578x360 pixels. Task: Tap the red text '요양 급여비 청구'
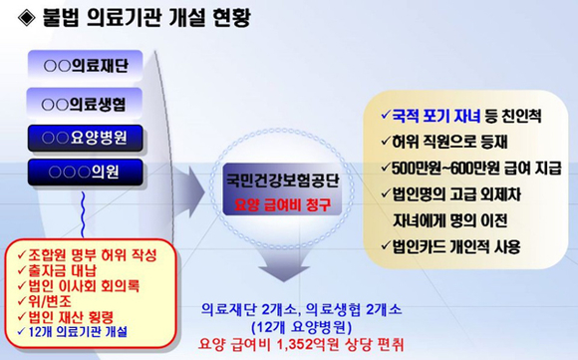click(282, 205)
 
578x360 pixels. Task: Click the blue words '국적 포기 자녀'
click(435, 117)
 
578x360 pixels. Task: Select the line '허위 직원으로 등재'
click(442, 141)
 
